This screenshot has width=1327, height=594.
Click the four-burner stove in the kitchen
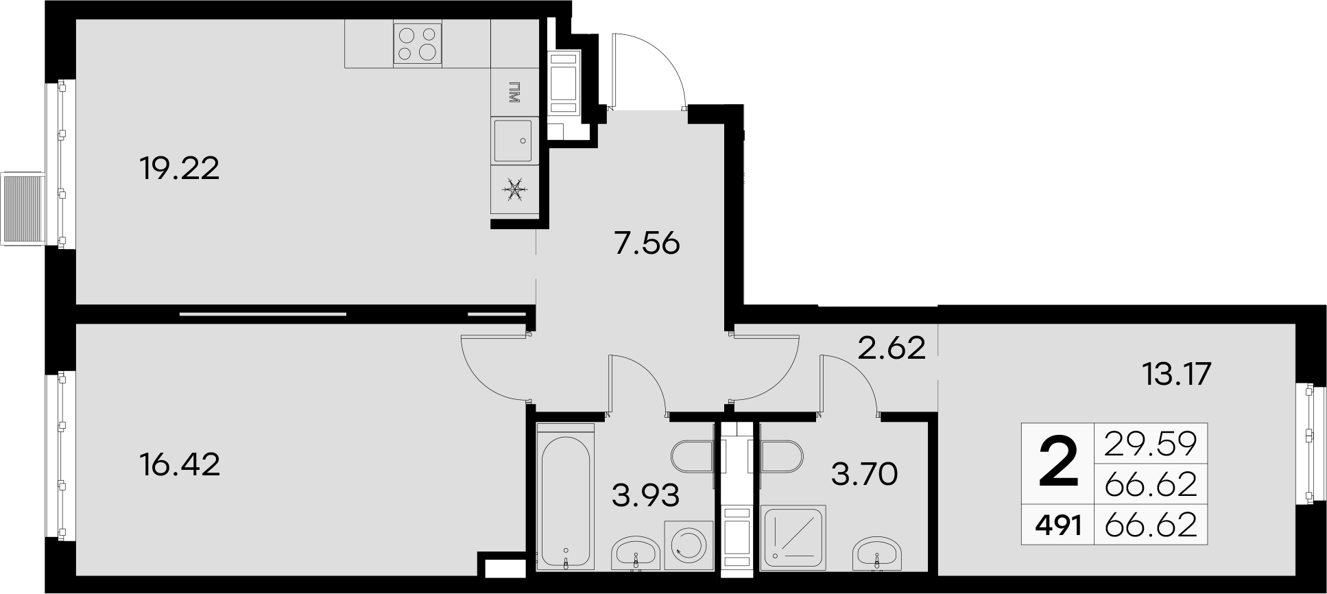coord(418,43)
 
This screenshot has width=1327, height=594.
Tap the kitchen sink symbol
coord(514,141)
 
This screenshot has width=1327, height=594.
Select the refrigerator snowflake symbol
coord(514,189)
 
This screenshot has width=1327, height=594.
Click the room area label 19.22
coord(179,168)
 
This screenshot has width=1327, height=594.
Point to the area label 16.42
coord(179,464)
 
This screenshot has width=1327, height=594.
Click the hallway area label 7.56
coord(647,243)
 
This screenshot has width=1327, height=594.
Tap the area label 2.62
coord(892,348)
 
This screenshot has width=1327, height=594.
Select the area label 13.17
coord(1177,375)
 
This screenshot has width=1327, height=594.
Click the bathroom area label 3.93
coord(645,495)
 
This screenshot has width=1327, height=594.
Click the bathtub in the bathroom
coord(566,495)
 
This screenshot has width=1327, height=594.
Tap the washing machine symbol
coord(689,545)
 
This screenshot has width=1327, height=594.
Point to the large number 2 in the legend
coord(1058,464)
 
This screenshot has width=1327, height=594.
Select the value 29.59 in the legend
coord(1151,444)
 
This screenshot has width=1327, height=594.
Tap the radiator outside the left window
coord(25,209)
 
